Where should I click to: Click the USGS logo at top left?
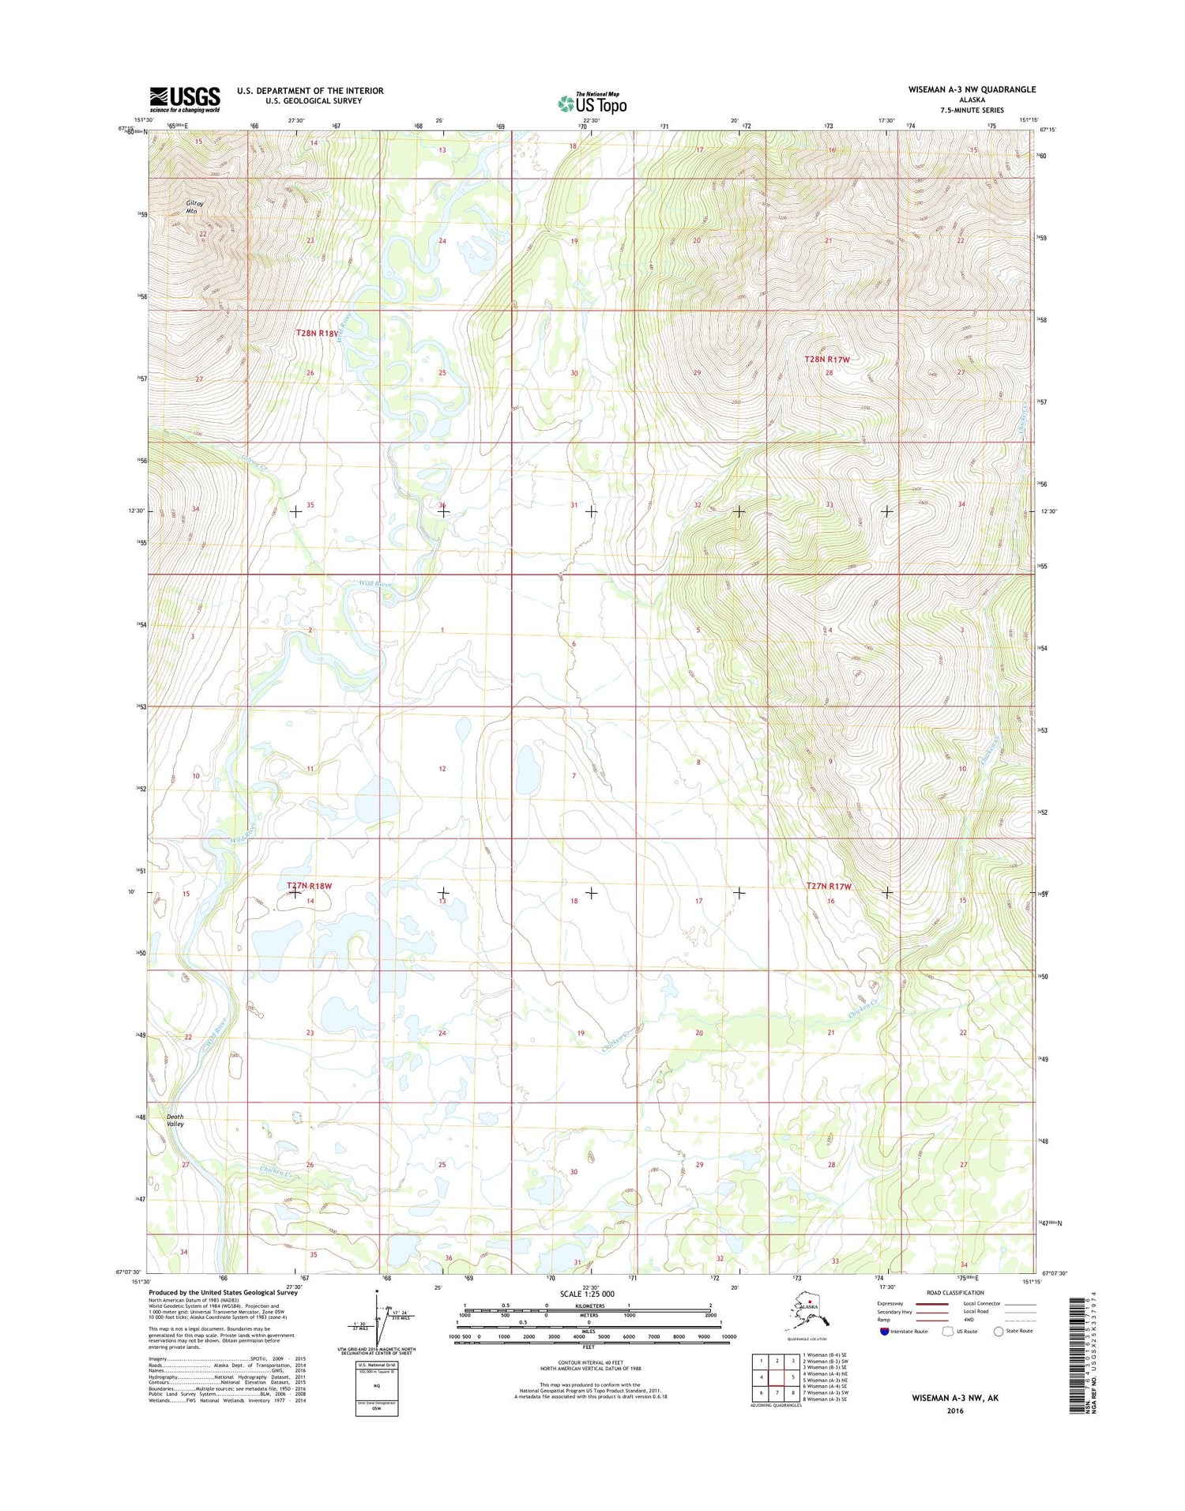(185, 99)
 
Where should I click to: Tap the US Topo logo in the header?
(592, 103)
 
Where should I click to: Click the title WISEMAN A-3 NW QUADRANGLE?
(972, 89)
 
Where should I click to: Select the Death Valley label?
(175, 1120)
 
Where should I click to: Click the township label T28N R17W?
(827, 360)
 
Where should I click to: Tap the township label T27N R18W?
(309, 887)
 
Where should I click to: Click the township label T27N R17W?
(829, 887)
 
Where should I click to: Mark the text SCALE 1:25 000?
(587, 1294)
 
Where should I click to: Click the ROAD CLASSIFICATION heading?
(955, 1293)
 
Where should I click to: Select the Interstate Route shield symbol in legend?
(884, 1331)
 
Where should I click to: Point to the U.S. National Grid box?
(377, 1388)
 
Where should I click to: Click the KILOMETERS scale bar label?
(587, 1306)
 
